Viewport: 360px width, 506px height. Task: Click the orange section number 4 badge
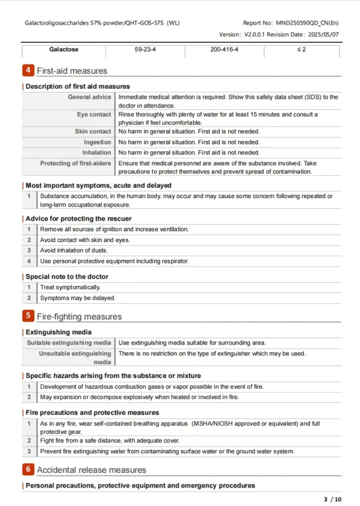pyautogui.click(x=28, y=71)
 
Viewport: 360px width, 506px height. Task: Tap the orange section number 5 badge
pyautogui.click(x=28, y=316)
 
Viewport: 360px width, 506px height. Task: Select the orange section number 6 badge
pyautogui.click(x=28, y=469)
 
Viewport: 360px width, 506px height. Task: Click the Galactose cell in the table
pyautogui.click(x=64, y=49)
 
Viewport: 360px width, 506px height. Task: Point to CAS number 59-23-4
pyautogui.click(x=147, y=49)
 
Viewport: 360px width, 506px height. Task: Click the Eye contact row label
pyautogui.click(x=94, y=114)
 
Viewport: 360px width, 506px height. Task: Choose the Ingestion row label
pyautogui.click(x=97, y=142)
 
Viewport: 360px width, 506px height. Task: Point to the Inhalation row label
pyautogui.click(x=96, y=152)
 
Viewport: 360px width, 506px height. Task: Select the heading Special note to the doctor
pyautogui.click(x=67, y=277)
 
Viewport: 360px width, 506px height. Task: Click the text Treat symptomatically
pyautogui.click(x=70, y=288)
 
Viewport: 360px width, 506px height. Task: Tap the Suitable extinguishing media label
pyautogui.click(x=69, y=343)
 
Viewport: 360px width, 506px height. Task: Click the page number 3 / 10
pyautogui.click(x=332, y=499)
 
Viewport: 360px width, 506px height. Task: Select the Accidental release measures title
pyautogui.click(x=91, y=470)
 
